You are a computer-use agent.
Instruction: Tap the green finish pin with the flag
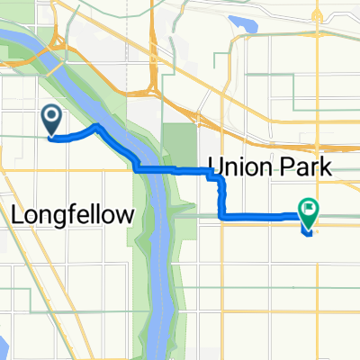[x=309, y=211]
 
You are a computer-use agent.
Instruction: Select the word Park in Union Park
[x=304, y=167]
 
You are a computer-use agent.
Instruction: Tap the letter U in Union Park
[x=218, y=167]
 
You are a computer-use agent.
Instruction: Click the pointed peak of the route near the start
[x=97, y=128]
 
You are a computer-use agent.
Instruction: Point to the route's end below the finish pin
[x=309, y=235]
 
